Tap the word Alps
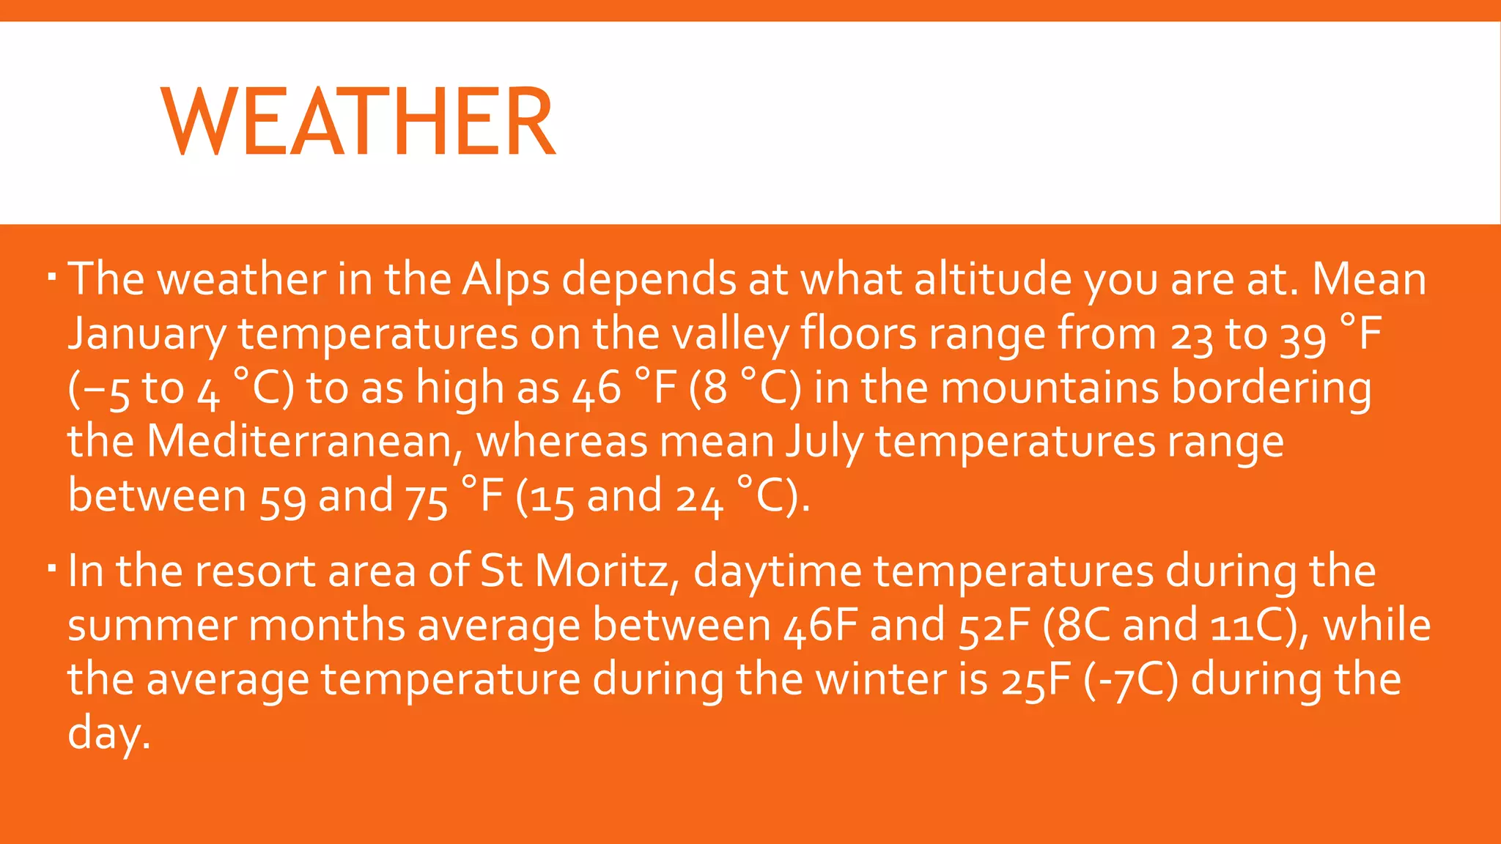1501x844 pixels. [x=506, y=281]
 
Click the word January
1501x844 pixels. [x=147, y=335]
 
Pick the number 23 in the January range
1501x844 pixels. [x=1192, y=337]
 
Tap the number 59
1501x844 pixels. [x=282, y=498]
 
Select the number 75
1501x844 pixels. [x=426, y=498]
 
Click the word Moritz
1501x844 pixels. [x=602, y=571]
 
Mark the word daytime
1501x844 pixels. [x=777, y=572]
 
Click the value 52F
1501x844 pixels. [x=995, y=626]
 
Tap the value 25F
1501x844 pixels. [x=1036, y=680]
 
